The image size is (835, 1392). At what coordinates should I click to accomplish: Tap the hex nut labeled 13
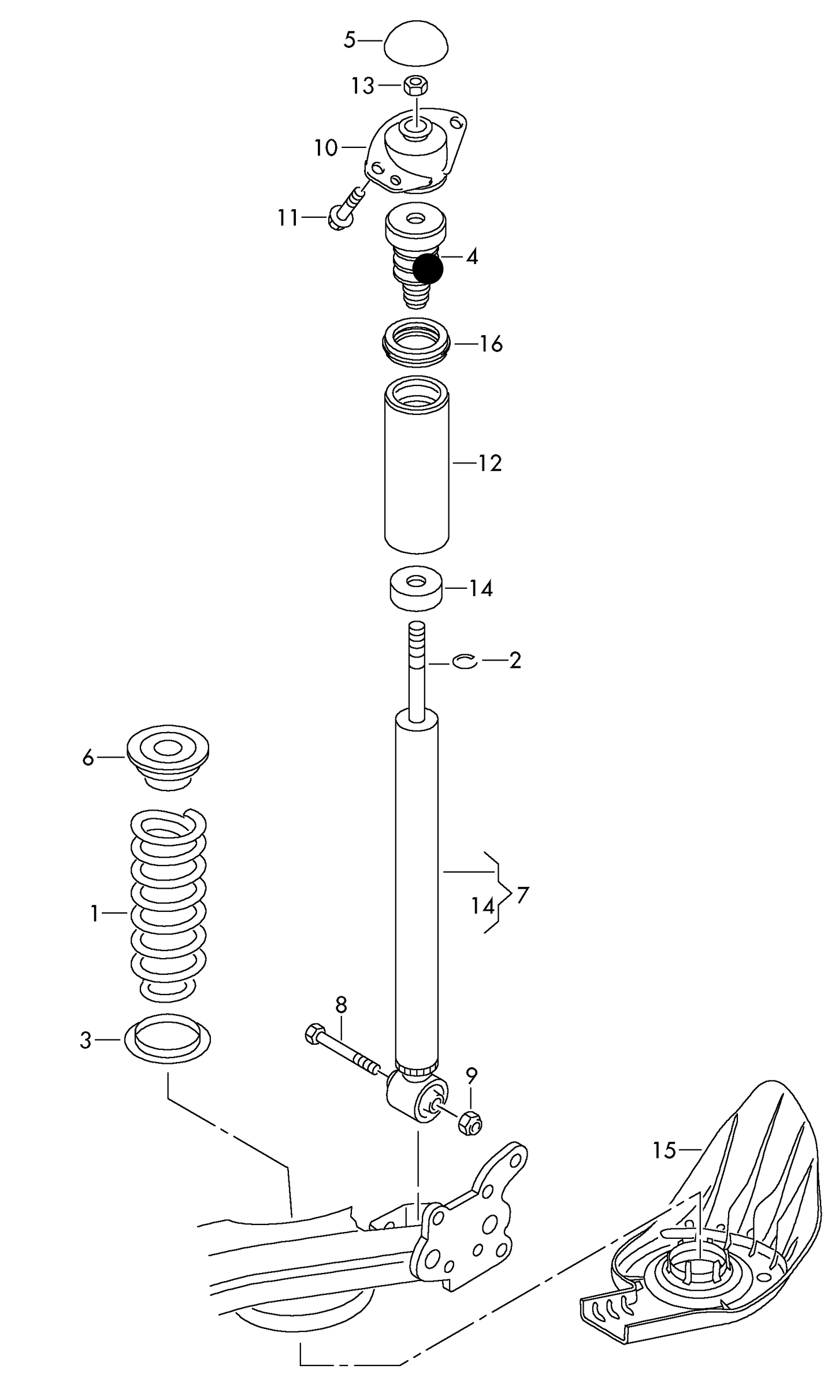pos(415,86)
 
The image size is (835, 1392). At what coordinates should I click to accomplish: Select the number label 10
pos(326,149)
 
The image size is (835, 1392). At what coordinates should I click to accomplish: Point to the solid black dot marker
pos(428,269)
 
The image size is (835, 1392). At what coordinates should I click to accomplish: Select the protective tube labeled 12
pos(417,465)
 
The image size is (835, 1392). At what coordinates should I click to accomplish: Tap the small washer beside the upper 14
pos(416,588)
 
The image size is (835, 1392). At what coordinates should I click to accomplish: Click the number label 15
pos(664,1150)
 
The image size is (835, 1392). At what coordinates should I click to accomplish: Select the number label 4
pos(472,257)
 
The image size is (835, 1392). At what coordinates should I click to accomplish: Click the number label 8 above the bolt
pos(341,1005)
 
